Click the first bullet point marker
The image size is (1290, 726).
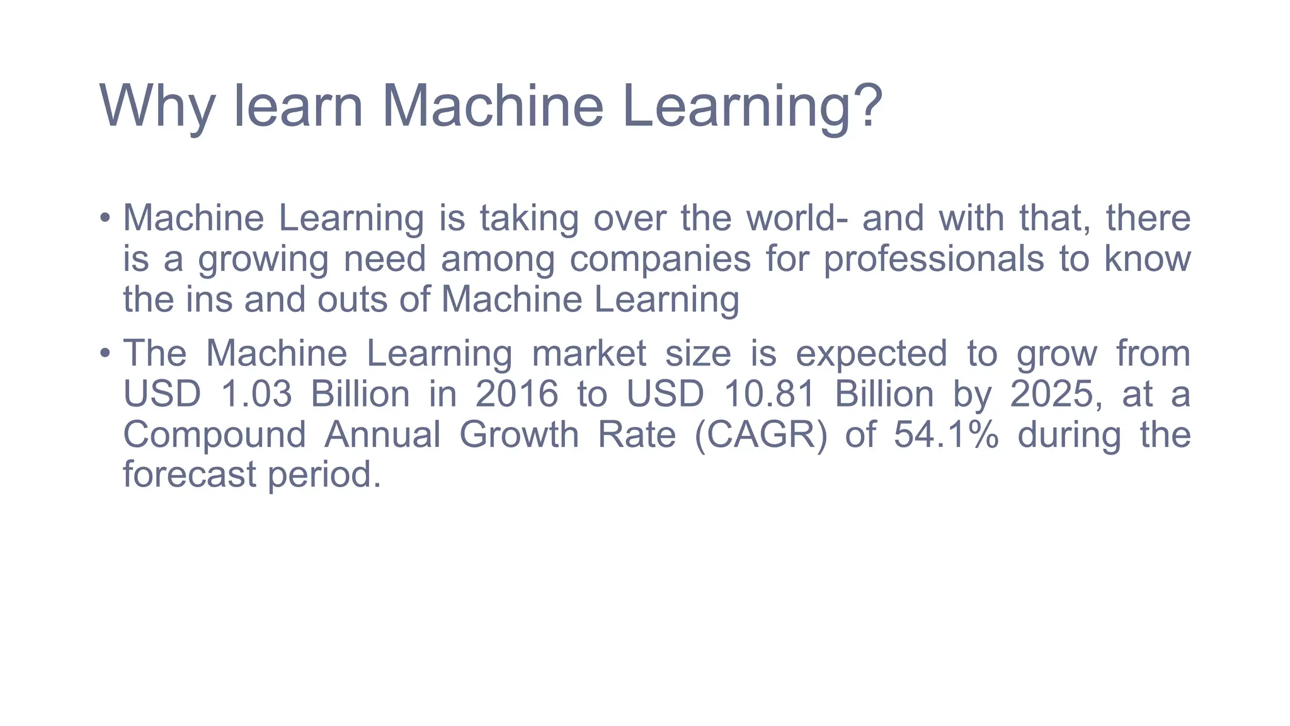click(x=105, y=219)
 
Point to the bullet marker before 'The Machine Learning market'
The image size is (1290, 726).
click(x=105, y=354)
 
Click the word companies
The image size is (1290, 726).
click(x=660, y=259)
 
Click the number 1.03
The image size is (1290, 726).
click(x=256, y=394)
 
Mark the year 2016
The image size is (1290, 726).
click(x=517, y=394)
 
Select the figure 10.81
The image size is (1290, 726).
click(x=770, y=394)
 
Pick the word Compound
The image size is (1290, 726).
click(x=215, y=434)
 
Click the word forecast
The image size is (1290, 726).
click(x=189, y=474)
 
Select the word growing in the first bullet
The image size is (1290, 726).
click(x=263, y=259)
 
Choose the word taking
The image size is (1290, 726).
click(x=529, y=218)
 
